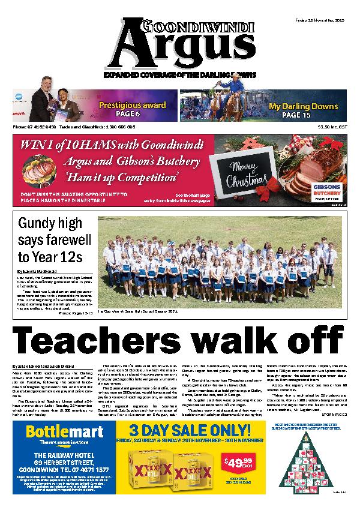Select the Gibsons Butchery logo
[x=328, y=190]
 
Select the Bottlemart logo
[x=58, y=449]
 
